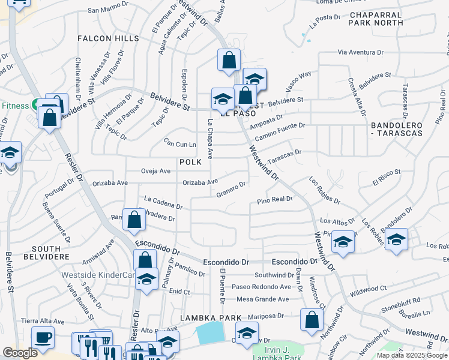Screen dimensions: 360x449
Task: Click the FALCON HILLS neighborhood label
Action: pos(108,38)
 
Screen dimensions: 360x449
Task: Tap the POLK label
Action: pos(190,163)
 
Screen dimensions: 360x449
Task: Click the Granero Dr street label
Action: pos(232,190)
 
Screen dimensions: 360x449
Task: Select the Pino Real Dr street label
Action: pos(275,200)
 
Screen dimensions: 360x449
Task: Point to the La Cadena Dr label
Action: pos(163,202)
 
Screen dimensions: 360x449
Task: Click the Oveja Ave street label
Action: pos(155,171)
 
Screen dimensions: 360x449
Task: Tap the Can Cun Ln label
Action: pos(181,144)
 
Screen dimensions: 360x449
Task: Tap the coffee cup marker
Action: pos(43,337)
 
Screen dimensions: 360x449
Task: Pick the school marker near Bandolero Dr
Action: pos(396,239)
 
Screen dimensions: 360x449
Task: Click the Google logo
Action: pos(20,353)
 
